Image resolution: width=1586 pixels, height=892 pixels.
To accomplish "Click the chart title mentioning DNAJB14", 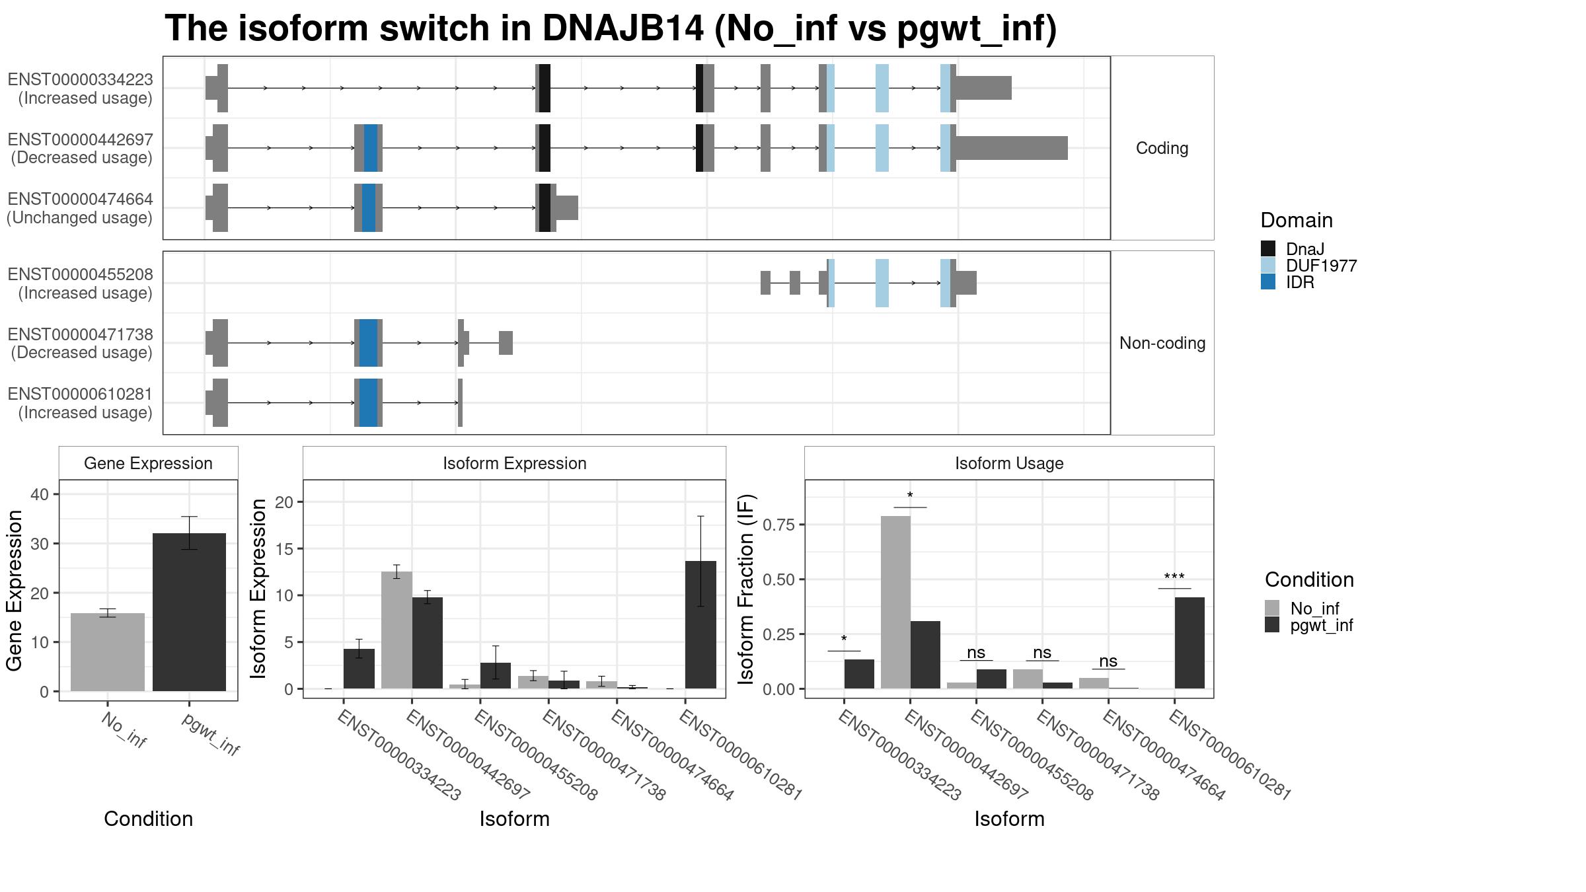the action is point(611,29).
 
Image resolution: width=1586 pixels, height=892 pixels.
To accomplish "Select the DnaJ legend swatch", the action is point(1268,248).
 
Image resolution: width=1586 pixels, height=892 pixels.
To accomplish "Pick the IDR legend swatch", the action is point(1268,282).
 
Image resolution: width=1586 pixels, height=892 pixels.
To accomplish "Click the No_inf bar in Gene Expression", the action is point(108,652).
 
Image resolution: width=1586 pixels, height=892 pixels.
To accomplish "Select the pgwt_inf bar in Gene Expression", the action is point(189,612).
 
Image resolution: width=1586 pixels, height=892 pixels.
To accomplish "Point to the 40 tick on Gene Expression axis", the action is point(40,494).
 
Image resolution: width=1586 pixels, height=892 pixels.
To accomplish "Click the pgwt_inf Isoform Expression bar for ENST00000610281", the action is point(700,624).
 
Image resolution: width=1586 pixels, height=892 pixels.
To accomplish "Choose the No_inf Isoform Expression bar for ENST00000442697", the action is point(397,630).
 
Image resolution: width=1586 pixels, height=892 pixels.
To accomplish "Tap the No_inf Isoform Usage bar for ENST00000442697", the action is point(895,602).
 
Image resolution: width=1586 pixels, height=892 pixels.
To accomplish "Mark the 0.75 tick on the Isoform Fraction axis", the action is point(779,525).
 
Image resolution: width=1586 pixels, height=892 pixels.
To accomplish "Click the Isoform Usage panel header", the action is point(1009,463).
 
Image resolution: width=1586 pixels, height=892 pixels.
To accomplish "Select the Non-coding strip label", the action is point(1162,343).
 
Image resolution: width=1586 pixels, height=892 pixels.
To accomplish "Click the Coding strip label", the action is point(1162,148).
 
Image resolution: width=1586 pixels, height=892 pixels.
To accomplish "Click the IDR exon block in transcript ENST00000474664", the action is point(369,208).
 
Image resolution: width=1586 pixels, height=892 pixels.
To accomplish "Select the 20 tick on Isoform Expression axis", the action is point(284,502).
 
